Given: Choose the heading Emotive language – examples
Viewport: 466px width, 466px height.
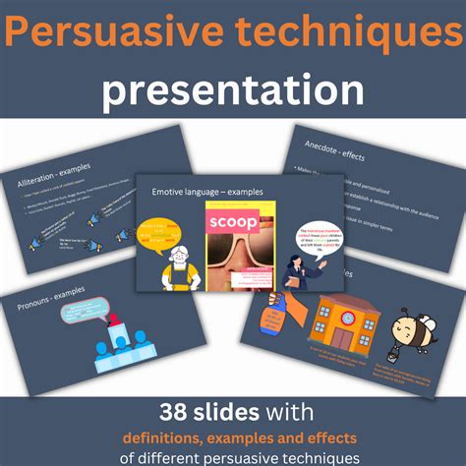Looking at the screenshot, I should [207, 193].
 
